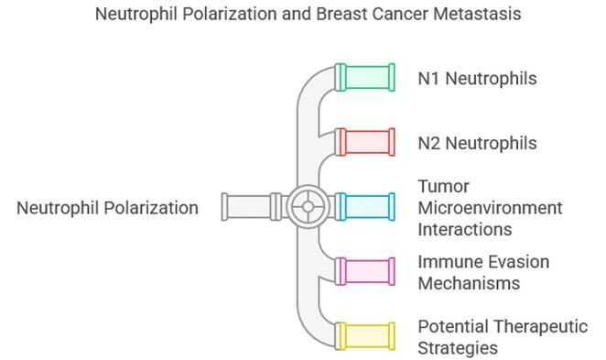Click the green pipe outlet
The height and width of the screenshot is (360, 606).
(365, 77)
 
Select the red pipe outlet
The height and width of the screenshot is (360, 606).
(365, 142)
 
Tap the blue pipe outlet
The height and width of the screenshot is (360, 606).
(365, 206)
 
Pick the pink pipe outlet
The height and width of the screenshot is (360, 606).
(365, 271)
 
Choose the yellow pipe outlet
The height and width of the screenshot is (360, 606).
(365, 335)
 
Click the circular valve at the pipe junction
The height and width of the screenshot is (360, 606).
(308, 206)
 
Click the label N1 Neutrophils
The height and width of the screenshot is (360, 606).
(477, 78)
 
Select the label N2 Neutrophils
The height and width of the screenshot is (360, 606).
(477, 143)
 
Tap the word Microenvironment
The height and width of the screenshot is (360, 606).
(490, 207)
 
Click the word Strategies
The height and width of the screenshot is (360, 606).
(458, 348)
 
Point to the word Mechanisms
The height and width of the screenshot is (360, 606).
(469, 283)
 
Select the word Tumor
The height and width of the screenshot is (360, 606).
(443, 186)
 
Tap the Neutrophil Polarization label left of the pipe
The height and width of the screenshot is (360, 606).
(107, 208)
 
